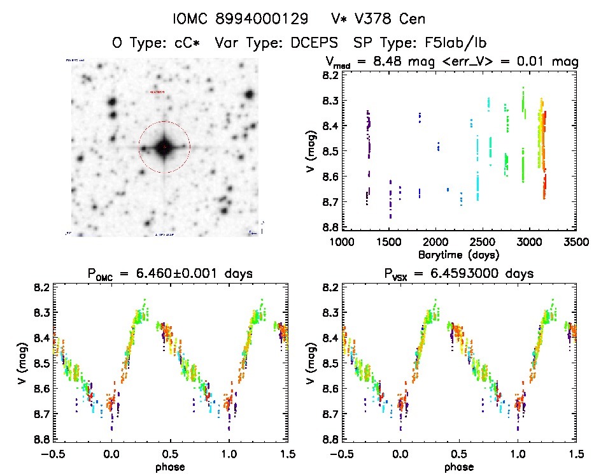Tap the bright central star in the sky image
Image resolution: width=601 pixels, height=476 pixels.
click(164, 147)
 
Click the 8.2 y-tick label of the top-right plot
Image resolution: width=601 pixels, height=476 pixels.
click(329, 76)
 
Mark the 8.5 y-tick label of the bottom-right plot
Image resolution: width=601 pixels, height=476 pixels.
click(329, 363)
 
